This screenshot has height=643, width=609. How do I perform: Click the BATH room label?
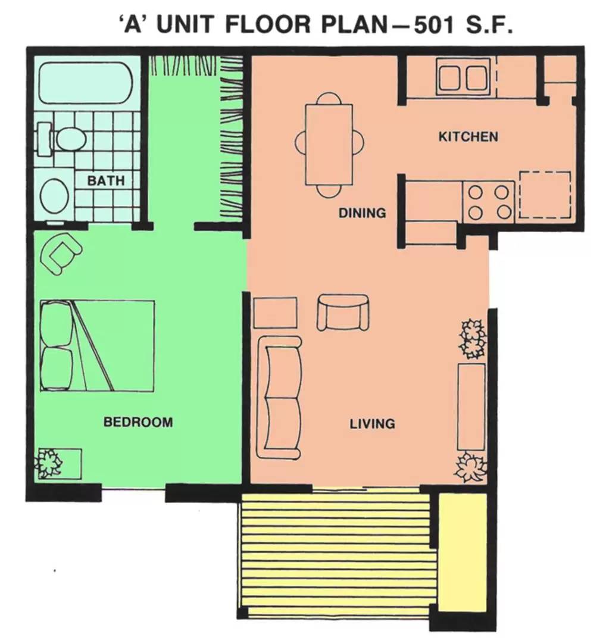(106, 180)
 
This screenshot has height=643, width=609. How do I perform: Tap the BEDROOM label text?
(138, 422)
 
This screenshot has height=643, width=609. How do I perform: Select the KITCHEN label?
(468, 137)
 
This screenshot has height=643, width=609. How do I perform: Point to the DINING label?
(362, 213)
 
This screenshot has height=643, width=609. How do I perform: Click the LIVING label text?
(372, 424)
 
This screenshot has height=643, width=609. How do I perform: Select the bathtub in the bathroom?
(85, 83)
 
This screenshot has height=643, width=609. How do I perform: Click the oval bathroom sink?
(54, 195)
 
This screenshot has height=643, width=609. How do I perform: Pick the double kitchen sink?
(463, 77)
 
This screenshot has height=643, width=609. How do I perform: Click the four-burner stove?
(488, 202)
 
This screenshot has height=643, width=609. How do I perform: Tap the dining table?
(329, 144)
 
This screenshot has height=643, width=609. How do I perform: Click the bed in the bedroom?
(97, 345)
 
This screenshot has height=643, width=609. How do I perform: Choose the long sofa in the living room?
(279, 397)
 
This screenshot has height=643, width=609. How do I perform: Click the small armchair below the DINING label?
(343, 312)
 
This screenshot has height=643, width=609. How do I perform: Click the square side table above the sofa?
(275, 313)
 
